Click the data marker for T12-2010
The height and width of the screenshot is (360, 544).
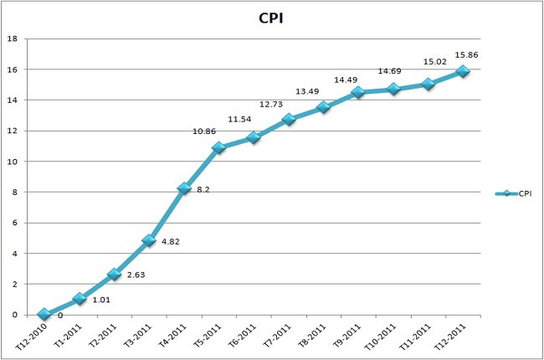(x=44, y=315)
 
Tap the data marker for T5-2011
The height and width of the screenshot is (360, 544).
(x=218, y=148)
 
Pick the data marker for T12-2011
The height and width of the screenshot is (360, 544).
(x=463, y=71)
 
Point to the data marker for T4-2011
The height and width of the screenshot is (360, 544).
(x=184, y=188)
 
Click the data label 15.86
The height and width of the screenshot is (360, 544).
(x=466, y=55)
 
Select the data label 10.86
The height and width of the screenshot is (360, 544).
(x=210, y=132)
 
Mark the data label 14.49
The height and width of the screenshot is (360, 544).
(x=346, y=80)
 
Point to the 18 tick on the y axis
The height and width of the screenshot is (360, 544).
(x=13, y=39)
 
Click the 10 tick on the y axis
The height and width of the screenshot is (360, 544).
(x=13, y=162)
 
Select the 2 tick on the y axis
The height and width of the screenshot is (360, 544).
(x=14, y=285)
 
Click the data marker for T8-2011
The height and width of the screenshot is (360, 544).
(x=323, y=107)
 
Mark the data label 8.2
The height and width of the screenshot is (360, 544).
(x=203, y=191)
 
